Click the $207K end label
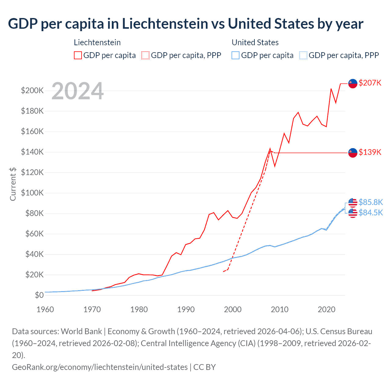pyautogui.click(x=370, y=83)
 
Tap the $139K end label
pyautogui.click(x=370, y=152)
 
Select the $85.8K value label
pyautogui.click(x=371, y=202)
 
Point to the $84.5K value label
pyautogui.click(x=371, y=213)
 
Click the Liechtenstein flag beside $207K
pyautogui.click(x=353, y=83)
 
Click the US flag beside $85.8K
pyautogui.click(x=353, y=202)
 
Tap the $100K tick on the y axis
pyautogui.click(x=32, y=193)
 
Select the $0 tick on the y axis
pyautogui.click(x=39, y=295)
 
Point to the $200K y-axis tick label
pyautogui.click(x=32, y=91)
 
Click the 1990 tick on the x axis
pyautogui.click(x=186, y=309)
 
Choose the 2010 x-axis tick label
pyautogui.click(x=280, y=309)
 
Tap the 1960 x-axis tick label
pyautogui.click(x=45, y=309)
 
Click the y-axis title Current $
pyautogui.click(x=13, y=184)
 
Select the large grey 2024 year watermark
pyautogui.click(x=78, y=91)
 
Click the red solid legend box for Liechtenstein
pyautogui.click(x=78, y=55)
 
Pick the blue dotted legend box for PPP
pyautogui.click(x=303, y=55)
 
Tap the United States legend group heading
pyautogui.click(x=255, y=42)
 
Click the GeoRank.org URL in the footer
pyautogui.click(x=100, y=367)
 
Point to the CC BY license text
pyautogui.click(x=205, y=367)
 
